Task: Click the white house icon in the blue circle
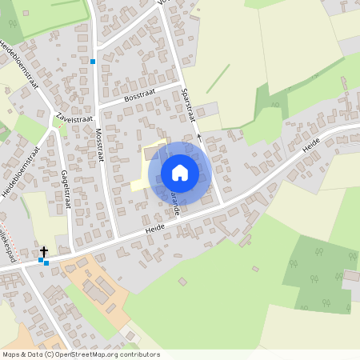pos(180,171)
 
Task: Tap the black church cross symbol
pos(44,252)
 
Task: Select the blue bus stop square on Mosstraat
pos(93,61)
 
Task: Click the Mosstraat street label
pos(101,144)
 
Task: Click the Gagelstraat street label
pos(66,189)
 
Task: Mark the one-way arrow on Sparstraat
pos(200,137)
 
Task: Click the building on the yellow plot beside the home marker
pos(151,152)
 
